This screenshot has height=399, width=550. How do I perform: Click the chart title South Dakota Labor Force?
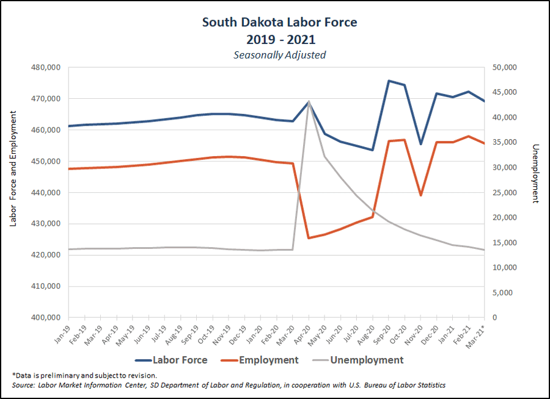[279, 23]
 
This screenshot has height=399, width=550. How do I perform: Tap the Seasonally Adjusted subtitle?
[279, 54]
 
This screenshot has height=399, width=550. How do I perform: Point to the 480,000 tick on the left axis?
[46, 67]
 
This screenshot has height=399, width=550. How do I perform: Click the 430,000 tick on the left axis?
[46, 223]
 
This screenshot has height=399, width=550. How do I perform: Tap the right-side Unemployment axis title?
[536, 173]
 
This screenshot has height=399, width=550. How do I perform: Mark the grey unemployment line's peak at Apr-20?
[309, 101]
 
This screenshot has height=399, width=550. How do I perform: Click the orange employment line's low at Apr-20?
[309, 238]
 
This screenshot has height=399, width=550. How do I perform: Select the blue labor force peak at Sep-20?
[389, 81]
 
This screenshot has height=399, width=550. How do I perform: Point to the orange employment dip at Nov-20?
[420, 195]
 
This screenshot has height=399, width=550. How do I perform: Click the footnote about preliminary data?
[84, 375]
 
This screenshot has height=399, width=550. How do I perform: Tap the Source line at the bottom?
[229, 386]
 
